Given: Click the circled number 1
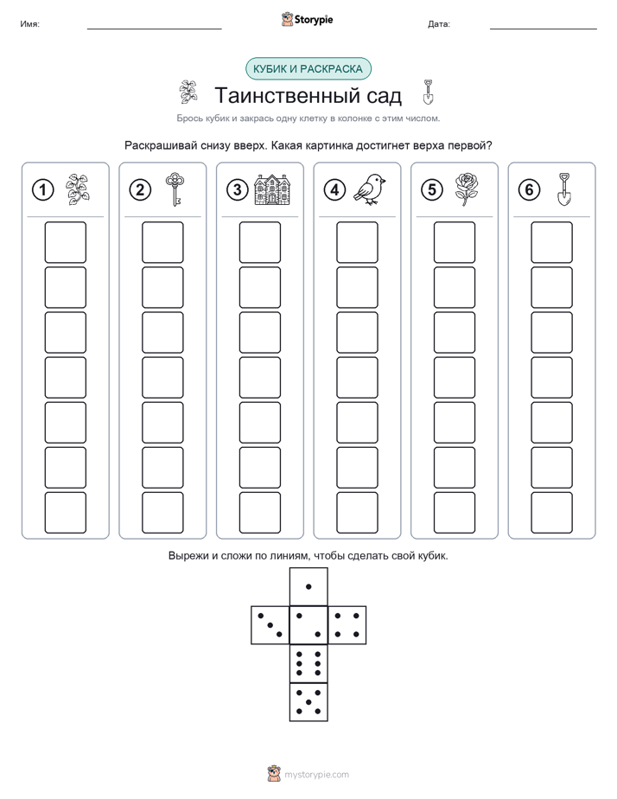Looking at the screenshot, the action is (x=42, y=190).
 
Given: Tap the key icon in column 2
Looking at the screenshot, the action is (x=175, y=189).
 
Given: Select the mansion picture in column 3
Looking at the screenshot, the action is (x=272, y=189).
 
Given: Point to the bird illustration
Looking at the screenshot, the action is (x=370, y=189).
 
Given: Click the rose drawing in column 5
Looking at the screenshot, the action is (x=466, y=189).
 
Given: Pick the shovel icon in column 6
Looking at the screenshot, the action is (x=563, y=189).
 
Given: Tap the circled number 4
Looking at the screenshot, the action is (x=334, y=190).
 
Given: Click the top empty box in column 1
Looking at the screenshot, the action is (x=65, y=242).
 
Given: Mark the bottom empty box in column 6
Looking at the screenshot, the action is (x=551, y=513).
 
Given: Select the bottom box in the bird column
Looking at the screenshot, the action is (x=357, y=513).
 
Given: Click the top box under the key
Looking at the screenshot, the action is (x=162, y=242).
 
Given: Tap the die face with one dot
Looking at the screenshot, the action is (x=308, y=586).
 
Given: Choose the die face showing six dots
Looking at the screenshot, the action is (x=308, y=663).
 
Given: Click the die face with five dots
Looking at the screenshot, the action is (x=308, y=701).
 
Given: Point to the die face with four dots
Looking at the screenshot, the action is (x=347, y=625).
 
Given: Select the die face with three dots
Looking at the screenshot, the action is (x=270, y=625).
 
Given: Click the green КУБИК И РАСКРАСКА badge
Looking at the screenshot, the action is (x=308, y=69).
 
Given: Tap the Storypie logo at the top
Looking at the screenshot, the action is (x=307, y=20).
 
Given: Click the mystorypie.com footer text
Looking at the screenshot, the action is (x=316, y=775).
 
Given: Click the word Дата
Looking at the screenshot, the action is (x=438, y=24).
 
